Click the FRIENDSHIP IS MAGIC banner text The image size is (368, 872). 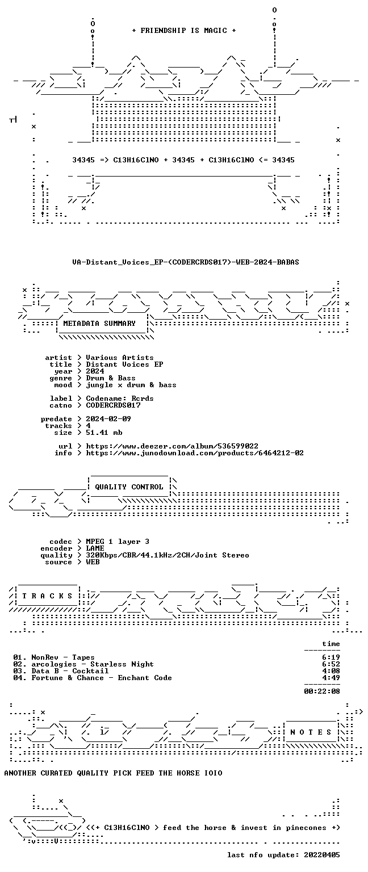[184, 30]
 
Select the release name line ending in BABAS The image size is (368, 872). [185, 262]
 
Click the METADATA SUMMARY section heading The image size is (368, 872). [99, 323]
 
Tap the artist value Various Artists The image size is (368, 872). [120, 357]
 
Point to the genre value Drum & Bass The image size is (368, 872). [111, 378]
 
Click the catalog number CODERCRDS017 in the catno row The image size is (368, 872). [113, 405]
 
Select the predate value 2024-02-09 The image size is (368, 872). [108, 419]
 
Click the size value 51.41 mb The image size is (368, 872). [104, 433]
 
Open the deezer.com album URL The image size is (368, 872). [172, 446]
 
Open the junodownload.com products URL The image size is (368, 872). [195, 452]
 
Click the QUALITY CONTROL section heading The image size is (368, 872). [129, 487]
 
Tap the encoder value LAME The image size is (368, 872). [95, 548]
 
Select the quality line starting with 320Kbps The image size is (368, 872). [168, 555]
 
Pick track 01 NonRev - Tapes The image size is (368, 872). [54, 657]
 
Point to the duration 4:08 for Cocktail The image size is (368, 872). [331, 670]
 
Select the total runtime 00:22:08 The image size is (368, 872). [322, 691]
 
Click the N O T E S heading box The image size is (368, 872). [311, 732]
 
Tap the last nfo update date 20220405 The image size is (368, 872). [322, 855]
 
